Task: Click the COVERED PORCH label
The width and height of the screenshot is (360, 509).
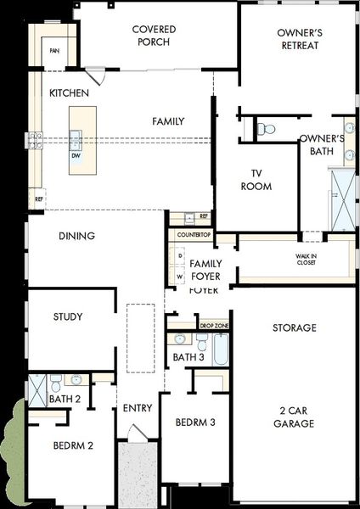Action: [155, 36]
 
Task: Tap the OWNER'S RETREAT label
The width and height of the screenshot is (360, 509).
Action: [298, 39]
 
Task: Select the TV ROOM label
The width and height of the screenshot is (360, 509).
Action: [256, 180]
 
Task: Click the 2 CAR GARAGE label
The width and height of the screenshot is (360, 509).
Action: [295, 416]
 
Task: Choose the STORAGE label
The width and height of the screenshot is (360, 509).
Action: [294, 327]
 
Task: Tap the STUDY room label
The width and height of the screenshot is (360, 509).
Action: [67, 317]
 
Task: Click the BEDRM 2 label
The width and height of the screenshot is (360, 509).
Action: [72, 445]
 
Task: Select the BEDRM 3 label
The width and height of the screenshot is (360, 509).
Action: [194, 422]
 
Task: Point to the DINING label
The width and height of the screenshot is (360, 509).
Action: [76, 236]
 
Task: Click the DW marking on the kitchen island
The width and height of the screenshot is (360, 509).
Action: [76, 156]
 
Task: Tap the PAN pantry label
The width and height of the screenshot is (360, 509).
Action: [55, 51]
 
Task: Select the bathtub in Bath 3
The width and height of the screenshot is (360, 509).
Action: [220, 349]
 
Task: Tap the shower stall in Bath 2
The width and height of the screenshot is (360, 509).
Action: [38, 389]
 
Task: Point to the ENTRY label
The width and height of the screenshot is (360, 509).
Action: [138, 408]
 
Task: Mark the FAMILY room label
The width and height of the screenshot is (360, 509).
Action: [168, 121]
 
